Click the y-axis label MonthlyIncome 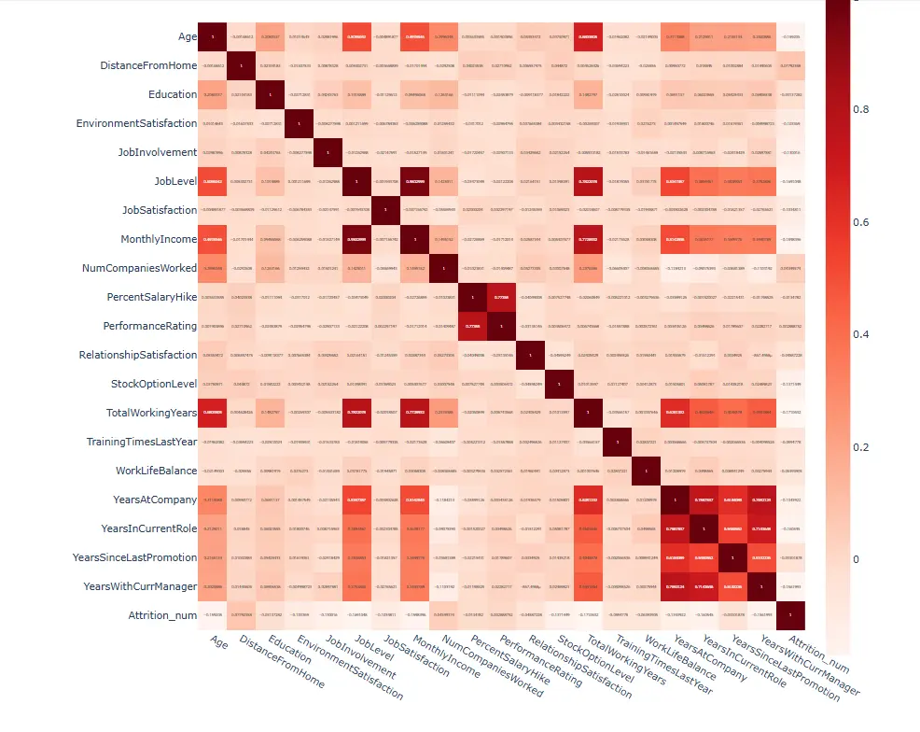(158, 239)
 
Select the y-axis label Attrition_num (163, 616)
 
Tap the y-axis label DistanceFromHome (148, 65)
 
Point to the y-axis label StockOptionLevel (154, 384)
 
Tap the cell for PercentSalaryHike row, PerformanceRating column (502, 297)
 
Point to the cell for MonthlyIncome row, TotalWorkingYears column (589, 239)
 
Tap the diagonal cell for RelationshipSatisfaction (531, 355)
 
